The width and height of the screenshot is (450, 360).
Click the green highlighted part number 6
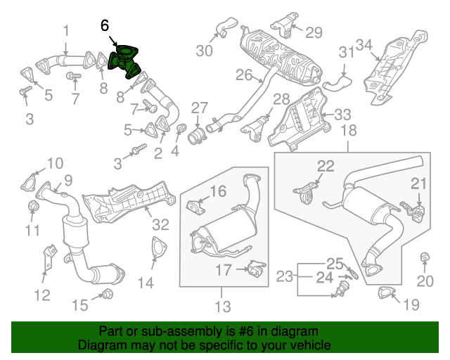tap(124, 60)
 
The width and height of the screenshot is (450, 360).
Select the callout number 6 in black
tap(105, 26)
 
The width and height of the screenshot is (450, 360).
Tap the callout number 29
tap(313, 32)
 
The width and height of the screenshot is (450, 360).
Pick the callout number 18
tap(349, 131)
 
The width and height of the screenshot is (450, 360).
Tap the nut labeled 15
tap(107, 293)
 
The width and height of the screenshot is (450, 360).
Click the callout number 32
tap(161, 225)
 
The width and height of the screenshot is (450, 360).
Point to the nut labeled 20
tap(424, 257)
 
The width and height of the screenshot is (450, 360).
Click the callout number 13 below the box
tap(222, 307)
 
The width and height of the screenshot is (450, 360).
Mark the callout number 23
tap(284, 277)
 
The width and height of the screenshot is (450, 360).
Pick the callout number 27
tap(200, 108)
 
